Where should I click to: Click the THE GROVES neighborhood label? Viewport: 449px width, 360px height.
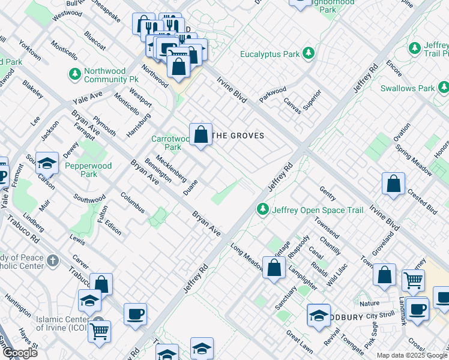(x=239, y=136)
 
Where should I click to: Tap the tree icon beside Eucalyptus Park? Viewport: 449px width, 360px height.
(x=309, y=54)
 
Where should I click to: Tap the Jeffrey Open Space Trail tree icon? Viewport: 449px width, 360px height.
(x=262, y=209)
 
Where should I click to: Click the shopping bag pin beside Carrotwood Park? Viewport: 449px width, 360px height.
(x=200, y=134)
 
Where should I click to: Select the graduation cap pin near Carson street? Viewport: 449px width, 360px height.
(x=46, y=163)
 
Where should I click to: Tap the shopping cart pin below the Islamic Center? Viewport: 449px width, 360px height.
(x=100, y=331)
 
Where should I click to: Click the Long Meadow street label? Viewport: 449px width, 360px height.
(x=246, y=253)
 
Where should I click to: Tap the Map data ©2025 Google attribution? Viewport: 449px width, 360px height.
(x=411, y=355)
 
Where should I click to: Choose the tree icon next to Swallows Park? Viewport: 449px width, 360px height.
(x=443, y=88)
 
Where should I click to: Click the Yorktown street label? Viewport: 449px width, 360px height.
(x=29, y=50)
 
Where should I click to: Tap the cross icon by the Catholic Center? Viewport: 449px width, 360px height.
(x=53, y=260)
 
